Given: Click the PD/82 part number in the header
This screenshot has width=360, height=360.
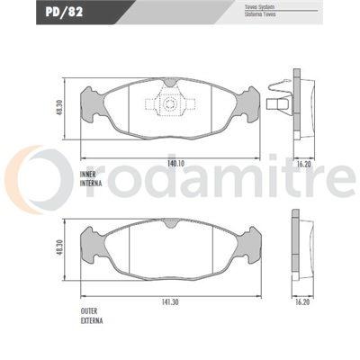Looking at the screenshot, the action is coord(64,13).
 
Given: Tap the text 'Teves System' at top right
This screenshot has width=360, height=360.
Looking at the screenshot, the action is coord(259,7).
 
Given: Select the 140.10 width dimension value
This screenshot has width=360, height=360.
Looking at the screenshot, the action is coord(176,164).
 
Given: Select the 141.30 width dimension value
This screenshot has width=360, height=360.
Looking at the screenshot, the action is coord(170,302).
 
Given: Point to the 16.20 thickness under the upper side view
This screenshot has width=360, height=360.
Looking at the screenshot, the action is coord(303,164).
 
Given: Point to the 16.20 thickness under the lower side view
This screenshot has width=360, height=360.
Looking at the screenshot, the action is coord(302,302).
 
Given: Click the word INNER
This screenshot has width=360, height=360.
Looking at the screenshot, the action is coord(88,175).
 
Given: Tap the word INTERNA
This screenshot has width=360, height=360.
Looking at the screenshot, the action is coord(91,183).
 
